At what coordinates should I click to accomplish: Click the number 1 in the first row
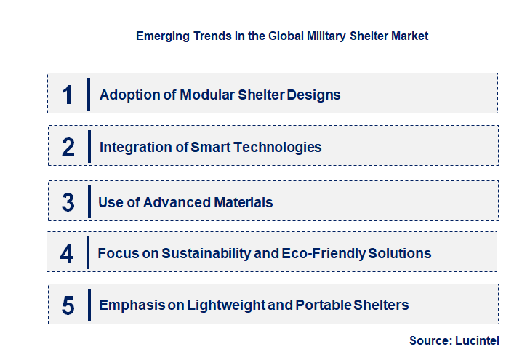(68, 95)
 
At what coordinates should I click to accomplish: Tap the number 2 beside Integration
(68, 147)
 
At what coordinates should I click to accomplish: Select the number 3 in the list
(68, 202)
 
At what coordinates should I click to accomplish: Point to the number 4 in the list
(67, 253)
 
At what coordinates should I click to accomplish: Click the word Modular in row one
(191, 95)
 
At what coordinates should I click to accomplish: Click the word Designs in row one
(313, 95)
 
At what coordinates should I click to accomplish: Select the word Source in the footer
(430, 340)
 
